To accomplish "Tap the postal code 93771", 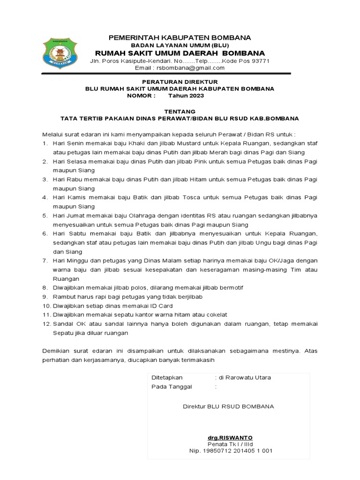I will tap(260, 61).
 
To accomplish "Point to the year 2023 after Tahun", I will tap(196, 96).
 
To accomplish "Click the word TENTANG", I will tap(179, 112).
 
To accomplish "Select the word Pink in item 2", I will tap(183, 162).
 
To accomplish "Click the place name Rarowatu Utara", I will tap(244, 377).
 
